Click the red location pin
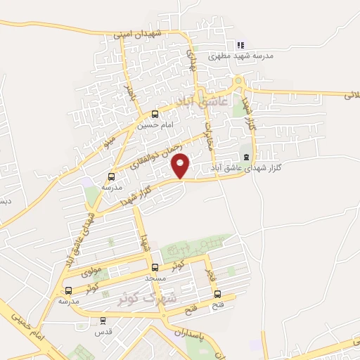(x=181, y=165)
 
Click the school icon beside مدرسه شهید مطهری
(x=240, y=44)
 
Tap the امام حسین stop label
(x=155, y=125)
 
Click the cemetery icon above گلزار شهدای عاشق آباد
(x=245, y=157)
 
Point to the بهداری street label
(x=189, y=60)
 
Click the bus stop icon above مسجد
(x=155, y=267)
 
